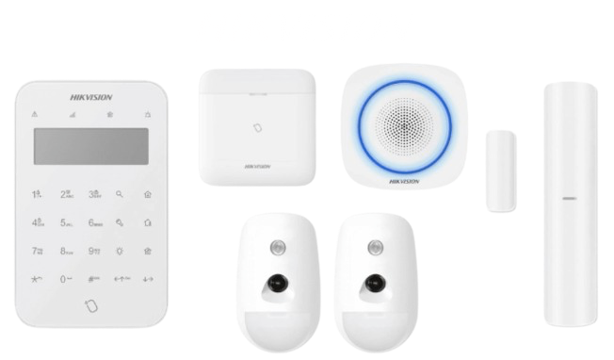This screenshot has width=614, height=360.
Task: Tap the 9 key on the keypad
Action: coord(94,252)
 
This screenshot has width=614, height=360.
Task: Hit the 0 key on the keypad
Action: coord(66,280)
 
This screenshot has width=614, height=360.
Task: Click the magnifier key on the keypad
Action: coord(120,194)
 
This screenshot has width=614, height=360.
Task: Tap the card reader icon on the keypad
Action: coord(90,306)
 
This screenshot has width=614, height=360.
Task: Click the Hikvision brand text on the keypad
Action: coord(90,97)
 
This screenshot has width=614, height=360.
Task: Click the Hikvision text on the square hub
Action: coord(257,166)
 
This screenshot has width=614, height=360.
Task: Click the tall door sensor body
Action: coord(572,204)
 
